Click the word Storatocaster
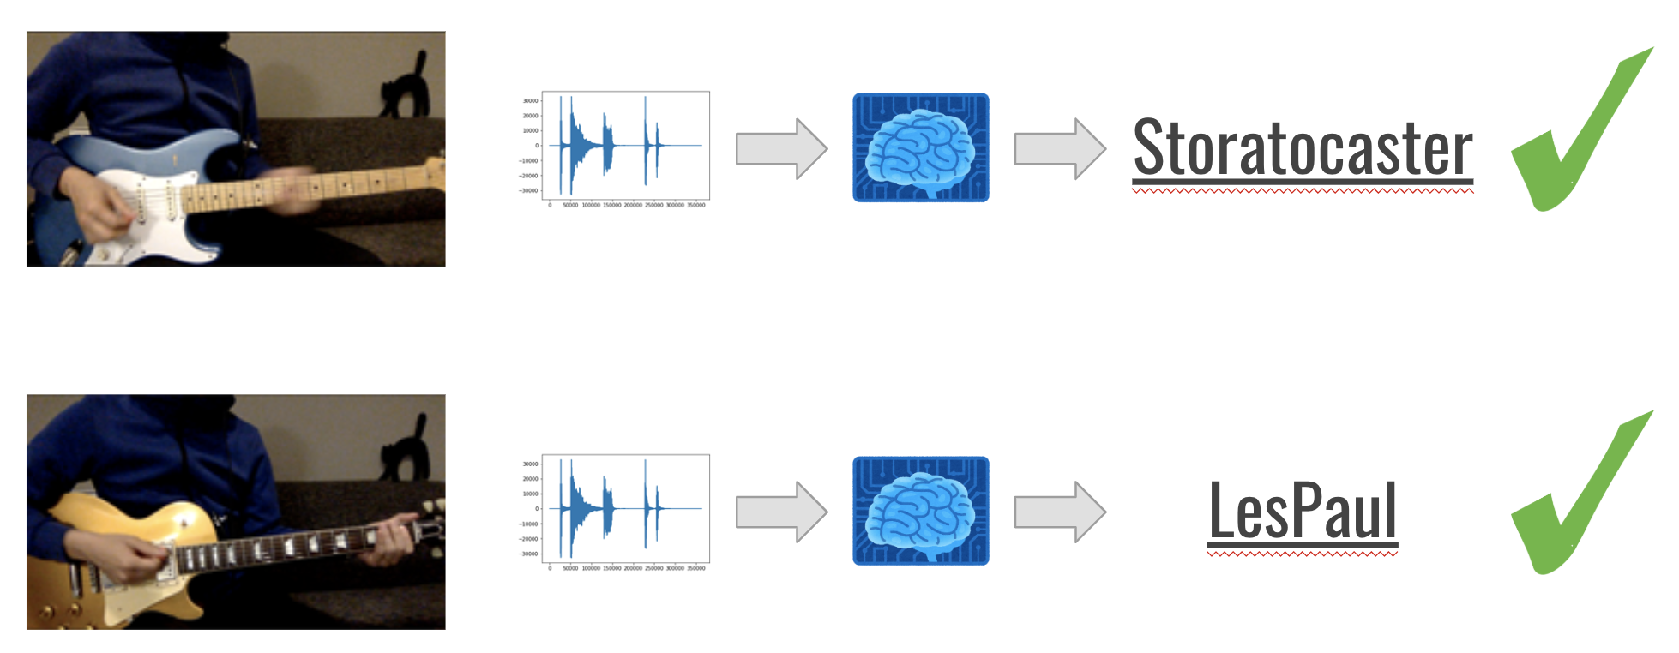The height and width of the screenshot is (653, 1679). click(1302, 148)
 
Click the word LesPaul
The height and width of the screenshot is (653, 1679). click(1303, 511)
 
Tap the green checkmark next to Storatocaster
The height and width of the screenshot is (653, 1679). click(1578, 137)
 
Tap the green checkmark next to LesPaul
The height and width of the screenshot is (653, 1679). click(1578, 500)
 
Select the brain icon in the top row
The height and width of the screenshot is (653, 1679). click(920, 147)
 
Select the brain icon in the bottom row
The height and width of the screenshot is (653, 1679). click(920, 511)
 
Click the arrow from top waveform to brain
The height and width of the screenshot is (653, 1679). click(780, 148)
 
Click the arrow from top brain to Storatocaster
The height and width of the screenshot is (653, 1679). click(1059, 148)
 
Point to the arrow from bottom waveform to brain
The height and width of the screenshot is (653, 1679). click(780, 512)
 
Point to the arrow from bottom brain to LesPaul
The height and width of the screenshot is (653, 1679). click(1059, 512)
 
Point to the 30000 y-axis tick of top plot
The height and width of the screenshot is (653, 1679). click(530, 101)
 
